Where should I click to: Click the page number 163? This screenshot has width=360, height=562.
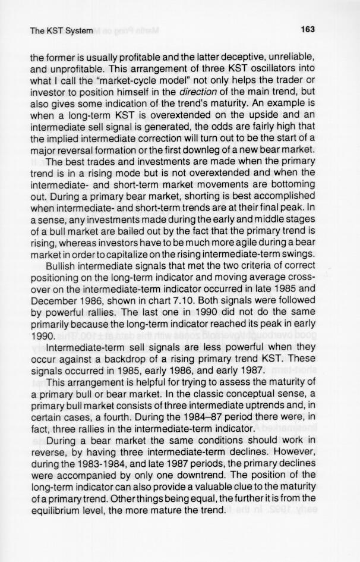[x=307, y=29]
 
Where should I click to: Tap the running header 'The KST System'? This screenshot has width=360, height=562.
[x=61, y=30]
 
